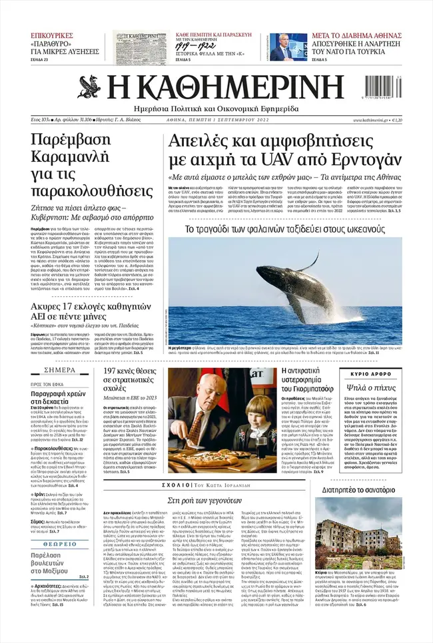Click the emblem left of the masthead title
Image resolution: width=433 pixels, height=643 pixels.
pos(91,87)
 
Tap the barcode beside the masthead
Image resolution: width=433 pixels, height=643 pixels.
pos(384,88)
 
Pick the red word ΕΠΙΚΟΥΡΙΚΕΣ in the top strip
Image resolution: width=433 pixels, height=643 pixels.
pos(51,36)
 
